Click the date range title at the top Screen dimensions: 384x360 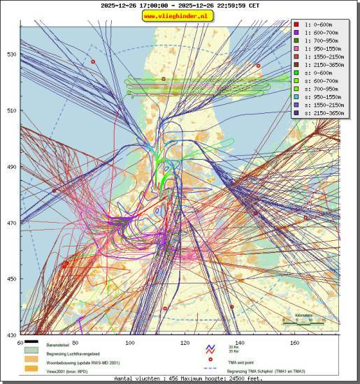point(180,5)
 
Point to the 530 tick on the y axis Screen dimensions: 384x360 point(11,54)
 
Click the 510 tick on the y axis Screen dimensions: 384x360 point(11,110)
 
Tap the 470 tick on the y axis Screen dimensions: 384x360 point(11,223)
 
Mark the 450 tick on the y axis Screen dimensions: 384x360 point(11,279)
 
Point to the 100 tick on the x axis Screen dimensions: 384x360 point(130,343)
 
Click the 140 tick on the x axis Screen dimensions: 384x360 point(240,343)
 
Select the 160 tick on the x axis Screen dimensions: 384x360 point(294,343)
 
